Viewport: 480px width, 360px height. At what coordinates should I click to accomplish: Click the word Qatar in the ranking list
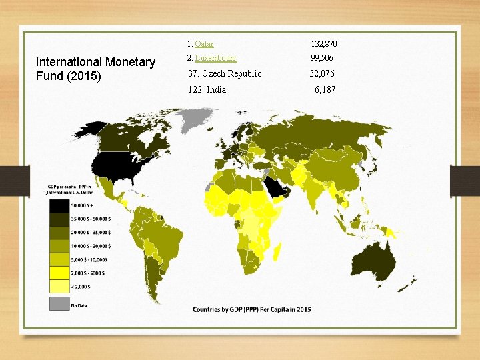click(205, 44)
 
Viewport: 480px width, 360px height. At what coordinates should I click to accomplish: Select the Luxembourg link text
click(216, 59)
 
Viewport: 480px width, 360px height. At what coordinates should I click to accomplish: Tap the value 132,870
click(324, 44)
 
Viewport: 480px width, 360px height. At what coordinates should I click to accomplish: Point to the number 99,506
click(322, 59)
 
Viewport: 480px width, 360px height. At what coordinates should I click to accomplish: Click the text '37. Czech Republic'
click(225, 73)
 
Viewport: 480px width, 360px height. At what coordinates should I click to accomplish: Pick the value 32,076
click(322, 73)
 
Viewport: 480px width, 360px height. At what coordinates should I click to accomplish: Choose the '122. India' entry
click(207, 89)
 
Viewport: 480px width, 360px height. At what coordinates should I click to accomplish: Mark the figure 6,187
click(325, 89)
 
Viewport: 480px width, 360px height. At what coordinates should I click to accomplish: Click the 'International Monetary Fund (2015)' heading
click(95, 69)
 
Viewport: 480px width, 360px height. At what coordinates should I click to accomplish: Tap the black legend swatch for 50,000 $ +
click(59, 205)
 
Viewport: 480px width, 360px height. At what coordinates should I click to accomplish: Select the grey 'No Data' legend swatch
click(59, 304)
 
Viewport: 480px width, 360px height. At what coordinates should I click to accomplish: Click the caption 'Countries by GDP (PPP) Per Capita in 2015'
click(252, 309)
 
